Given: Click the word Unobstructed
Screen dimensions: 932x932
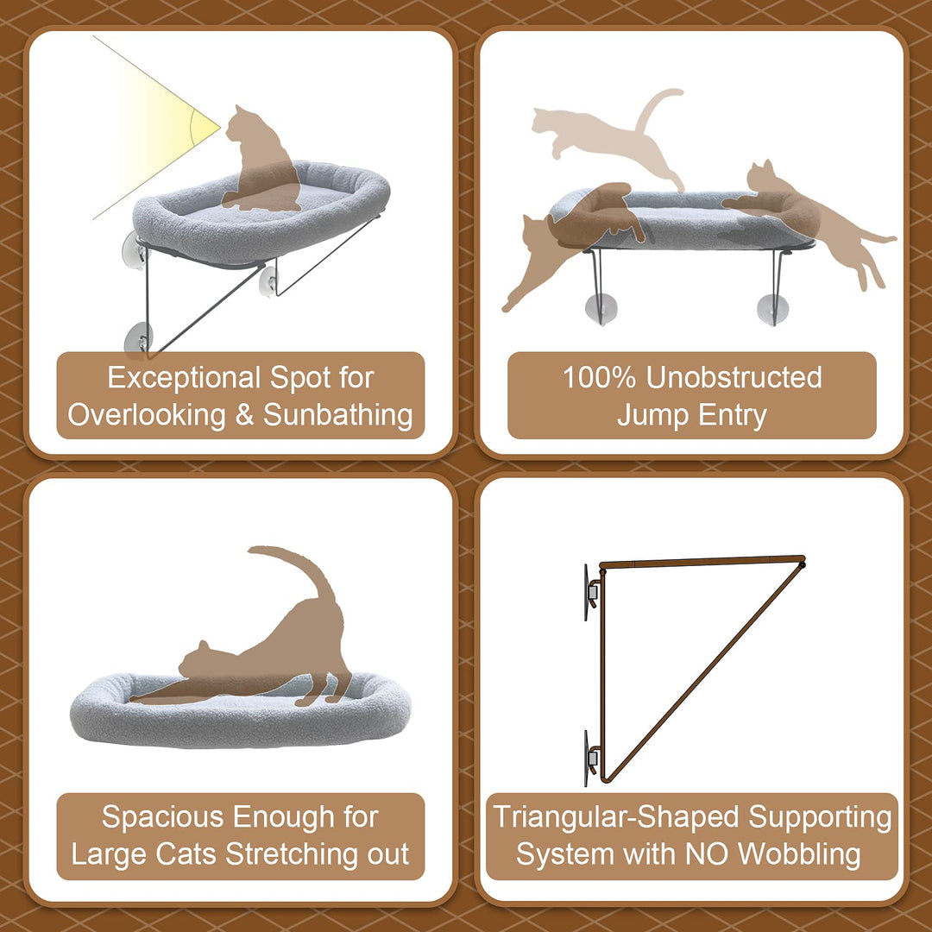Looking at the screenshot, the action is (x=734, y=377).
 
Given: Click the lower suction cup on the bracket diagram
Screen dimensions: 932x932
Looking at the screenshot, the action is (x=589, y=759).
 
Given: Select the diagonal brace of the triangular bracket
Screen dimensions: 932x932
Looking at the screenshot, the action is (x=704, y=671).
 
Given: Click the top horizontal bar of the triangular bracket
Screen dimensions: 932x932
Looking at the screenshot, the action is (x=702, y=561).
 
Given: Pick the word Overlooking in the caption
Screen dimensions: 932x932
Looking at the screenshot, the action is (x=147, y=415).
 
